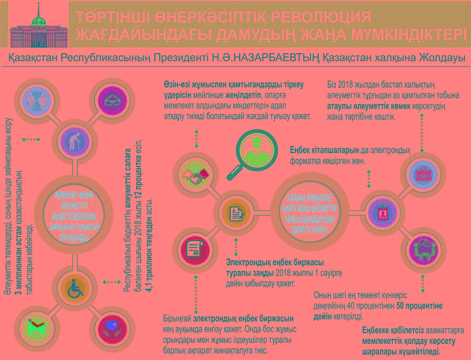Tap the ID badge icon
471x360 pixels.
[x=382, y=213]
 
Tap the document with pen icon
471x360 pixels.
[x=234, y=213]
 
